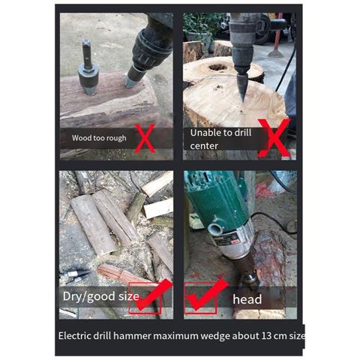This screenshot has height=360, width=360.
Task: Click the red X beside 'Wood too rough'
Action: [x=145, y=138]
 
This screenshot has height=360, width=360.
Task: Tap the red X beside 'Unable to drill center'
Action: [x=274, y=138]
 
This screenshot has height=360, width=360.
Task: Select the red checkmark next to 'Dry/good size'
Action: [x=153, y=295]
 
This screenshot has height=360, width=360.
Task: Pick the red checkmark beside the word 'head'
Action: [x=208, y=294]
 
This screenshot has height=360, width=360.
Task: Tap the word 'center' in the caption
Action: [x=204, y=146]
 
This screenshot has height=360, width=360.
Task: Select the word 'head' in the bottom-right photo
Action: [x=247, y=299]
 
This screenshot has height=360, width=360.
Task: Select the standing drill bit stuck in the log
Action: [x=88, y=67]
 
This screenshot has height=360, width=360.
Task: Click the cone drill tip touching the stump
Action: [x=241, y=88]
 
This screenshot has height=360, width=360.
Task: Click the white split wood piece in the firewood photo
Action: [x=159, y=208]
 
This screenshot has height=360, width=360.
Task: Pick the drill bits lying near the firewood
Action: [x=76, y=276]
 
